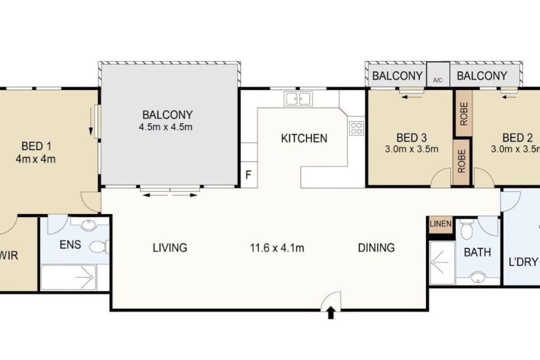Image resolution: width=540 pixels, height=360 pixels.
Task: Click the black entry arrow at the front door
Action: pyautogui.click(x=330, y=313)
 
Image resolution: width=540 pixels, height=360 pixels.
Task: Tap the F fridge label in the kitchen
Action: pyautogui.click(x=248, y=175)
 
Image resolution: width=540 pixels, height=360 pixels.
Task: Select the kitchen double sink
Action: pyautogui.click(x=298, y=99)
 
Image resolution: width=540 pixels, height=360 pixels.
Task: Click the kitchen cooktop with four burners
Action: pyautogui.click(x=356, y=128)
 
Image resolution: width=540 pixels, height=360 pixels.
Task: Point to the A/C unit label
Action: pyautogui.click(x=438, y=80)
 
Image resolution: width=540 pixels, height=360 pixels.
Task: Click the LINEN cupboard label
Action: pyautogui.click(x=441, y=223)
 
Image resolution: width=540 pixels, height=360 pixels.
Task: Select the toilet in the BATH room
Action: pyautogui.click(x=467, y=229)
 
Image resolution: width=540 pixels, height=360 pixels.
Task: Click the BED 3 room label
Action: pyautogui.click(x=411, y=138)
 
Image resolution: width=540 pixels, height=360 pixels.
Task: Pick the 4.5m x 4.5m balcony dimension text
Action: pyautogui.click(x=166, y=127)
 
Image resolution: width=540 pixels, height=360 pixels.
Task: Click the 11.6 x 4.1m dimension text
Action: pyautogui.click(x=277, y=248)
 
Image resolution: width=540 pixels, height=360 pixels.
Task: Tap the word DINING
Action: pyautogui.click(x=376, y=248)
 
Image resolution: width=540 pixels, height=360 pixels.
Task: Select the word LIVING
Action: pyautogui.click(x=170, y=248)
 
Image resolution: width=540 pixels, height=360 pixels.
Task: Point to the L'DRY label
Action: pyautogui.click(x=523, y=262)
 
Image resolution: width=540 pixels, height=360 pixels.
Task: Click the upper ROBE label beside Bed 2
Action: pyautogui.click(x=464, y=113)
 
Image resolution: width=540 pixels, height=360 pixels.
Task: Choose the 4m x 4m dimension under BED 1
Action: pyautogui.click(x=36, y=159)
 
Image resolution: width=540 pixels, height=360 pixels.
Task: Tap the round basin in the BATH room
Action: pyautogui.click(x=478, y=277)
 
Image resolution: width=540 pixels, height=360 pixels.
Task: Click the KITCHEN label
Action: pyautogui.click(x=304, y=138)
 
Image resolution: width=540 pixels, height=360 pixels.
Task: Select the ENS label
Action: pyautogui.click(x=70, y=244)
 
